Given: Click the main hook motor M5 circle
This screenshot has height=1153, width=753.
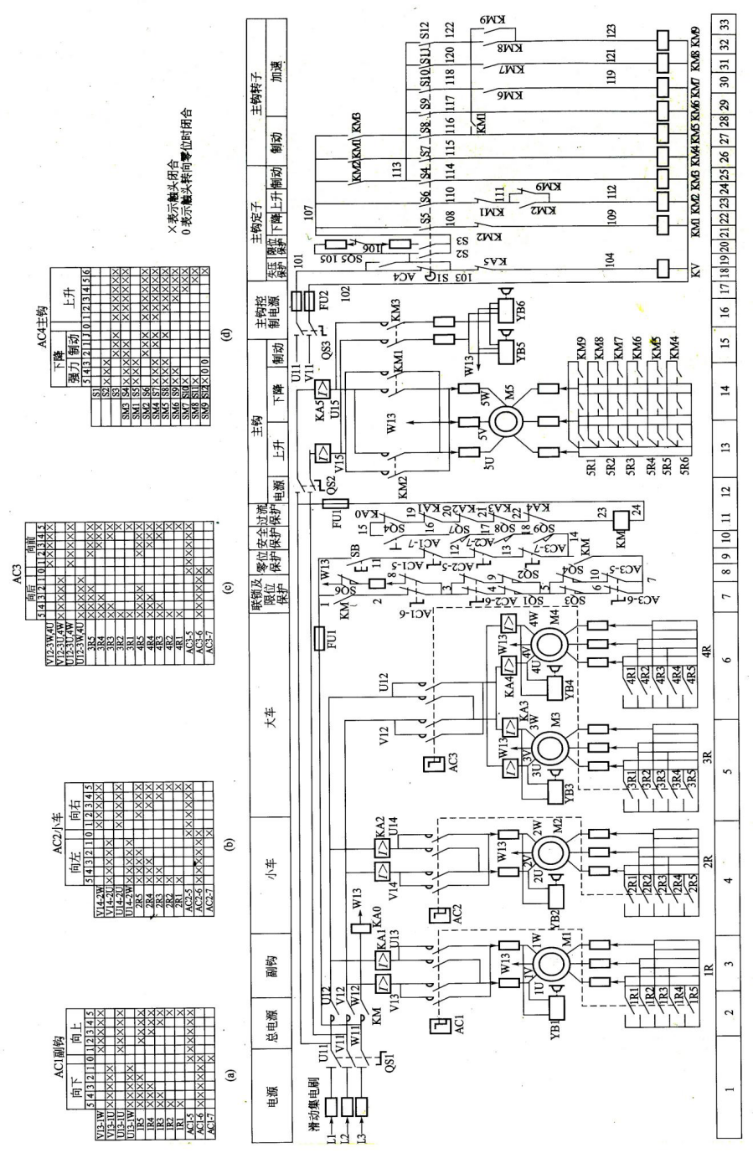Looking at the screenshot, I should [508, 421].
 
